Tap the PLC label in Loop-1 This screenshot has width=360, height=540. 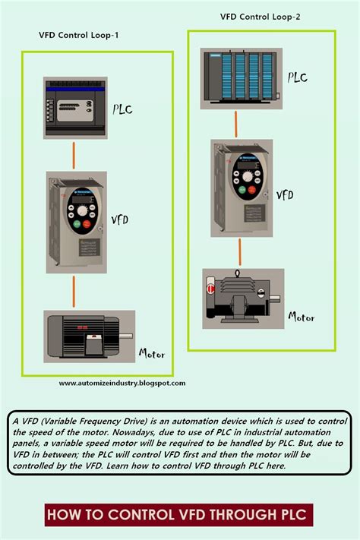coord(122,109)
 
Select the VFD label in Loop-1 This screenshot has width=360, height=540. coord(120,220)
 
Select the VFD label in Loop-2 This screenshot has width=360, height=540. coord(285,194)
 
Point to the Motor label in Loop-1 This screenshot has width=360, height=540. coord(152,353)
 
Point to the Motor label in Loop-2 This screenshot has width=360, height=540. coord(301,317)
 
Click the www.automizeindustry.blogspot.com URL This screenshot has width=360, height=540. coord(122,384)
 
